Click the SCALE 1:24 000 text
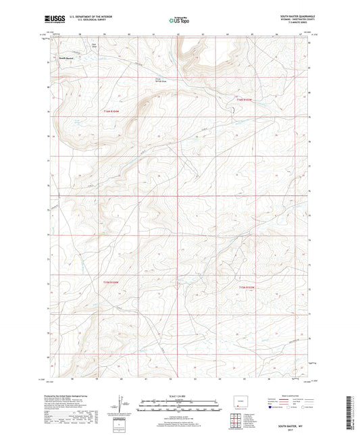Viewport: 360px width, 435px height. coord(179,394)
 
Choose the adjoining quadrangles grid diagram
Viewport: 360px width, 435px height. coord(234,423)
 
